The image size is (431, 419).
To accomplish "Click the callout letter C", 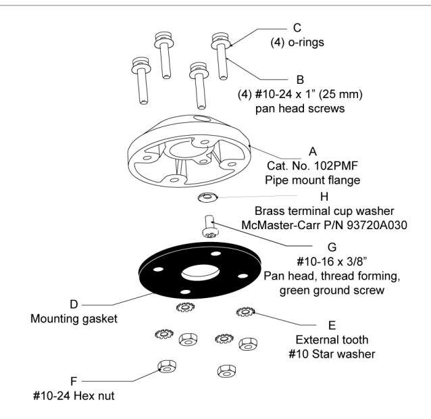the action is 297,28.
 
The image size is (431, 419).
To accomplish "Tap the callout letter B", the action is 300,80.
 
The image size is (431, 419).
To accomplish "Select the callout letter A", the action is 313,151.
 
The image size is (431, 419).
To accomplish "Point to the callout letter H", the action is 324,197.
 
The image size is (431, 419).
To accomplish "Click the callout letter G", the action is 332,247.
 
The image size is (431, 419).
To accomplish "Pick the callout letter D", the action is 74,304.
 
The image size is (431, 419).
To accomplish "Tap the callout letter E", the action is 332,325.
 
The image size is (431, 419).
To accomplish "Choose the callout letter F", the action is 74,381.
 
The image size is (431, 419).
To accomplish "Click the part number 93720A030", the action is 377,225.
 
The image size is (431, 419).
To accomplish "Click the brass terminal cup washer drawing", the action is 207,197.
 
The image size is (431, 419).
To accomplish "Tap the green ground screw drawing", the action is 210,226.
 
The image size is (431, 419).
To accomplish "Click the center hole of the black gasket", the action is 201,273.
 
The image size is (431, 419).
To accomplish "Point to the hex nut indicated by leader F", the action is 167,366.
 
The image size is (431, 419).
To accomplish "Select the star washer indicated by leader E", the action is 245,312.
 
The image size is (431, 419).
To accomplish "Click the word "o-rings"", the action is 306,43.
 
